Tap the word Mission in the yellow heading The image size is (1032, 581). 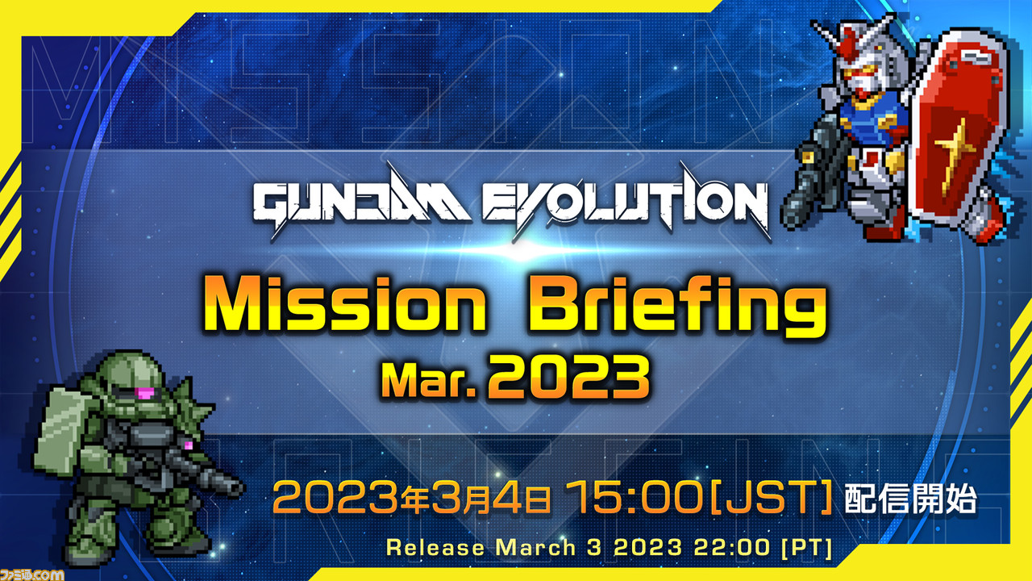344,304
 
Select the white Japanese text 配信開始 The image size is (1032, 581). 910,498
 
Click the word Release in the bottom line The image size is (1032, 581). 435,547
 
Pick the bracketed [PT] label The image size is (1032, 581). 807,547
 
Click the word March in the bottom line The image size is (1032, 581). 535,547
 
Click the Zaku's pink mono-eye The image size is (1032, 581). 144,393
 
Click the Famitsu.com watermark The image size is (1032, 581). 32,574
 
